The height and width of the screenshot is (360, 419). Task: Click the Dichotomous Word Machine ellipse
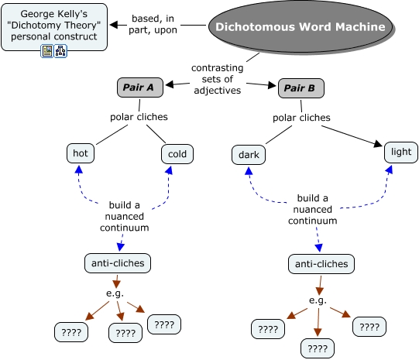coord(301,26)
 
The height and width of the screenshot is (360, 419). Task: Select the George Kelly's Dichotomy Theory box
coord(54,26)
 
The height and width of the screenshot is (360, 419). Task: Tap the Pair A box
coord(140,87)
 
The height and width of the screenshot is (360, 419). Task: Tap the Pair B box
coord(301,88)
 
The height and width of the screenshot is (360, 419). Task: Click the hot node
coord(81,153)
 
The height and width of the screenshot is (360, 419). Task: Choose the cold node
coord(177,154)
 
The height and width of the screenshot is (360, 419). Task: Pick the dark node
coord(249,155)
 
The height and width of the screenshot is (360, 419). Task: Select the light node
coord(401,153)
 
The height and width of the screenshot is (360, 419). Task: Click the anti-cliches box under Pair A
coord(118,263)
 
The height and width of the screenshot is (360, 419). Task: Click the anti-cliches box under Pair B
coord(321,264)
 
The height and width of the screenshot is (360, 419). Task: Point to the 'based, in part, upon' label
coord(153,24)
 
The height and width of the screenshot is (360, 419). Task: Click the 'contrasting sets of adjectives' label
coord(218,79)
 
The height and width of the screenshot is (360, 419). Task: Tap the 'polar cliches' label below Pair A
coord(139,117)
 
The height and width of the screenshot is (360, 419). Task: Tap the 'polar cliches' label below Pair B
coord(301,118)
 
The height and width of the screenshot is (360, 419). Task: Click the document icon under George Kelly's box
coord(47,51)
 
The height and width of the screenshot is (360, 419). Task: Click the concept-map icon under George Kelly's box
coord(60,51)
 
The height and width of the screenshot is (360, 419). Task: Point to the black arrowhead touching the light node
coord(379,144)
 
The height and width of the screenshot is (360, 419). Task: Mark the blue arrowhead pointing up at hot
coord(78,170)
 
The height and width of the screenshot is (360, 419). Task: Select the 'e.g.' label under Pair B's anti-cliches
coord(318,300)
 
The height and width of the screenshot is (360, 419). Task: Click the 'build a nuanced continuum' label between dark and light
coord(313,209)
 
